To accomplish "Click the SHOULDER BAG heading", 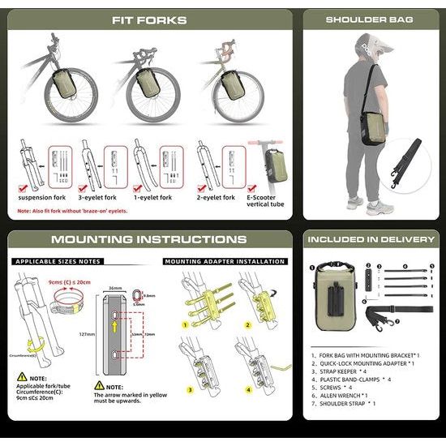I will click(369, 19).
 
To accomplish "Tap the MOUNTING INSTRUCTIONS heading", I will click(148, 239).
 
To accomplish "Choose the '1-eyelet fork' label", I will click(152, 197).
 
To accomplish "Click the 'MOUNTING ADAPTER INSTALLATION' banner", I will click(224, 261).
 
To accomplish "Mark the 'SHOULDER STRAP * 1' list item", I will click(350, 403).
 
